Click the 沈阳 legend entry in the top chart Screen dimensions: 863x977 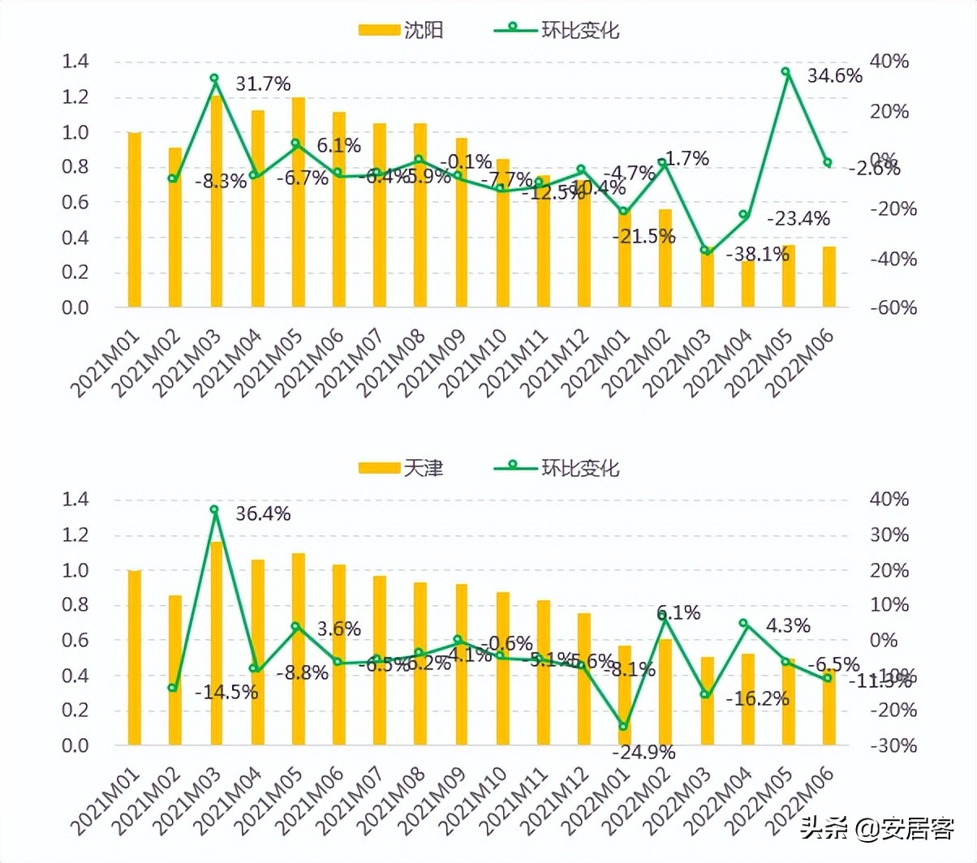point(402,31)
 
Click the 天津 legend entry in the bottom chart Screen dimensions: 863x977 point(402,468)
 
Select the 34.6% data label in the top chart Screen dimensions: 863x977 point(834,76)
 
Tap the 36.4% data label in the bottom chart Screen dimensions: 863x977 point(263,514)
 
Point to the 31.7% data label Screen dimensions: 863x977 point(263,84)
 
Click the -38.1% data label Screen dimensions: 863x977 point(757,255)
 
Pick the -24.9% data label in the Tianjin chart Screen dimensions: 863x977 point(643,753)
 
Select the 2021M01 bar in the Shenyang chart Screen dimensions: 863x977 point(135,219)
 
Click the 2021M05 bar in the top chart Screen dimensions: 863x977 point(299,203)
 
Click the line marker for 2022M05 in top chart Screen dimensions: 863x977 point(785,71)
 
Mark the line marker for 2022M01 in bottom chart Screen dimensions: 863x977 point(623,727)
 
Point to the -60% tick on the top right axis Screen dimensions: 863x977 point(893,308)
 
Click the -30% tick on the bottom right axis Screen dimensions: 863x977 point(893,745)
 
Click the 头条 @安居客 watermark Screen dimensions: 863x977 point(876,829)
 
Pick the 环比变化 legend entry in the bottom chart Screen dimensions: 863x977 point(558,468)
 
